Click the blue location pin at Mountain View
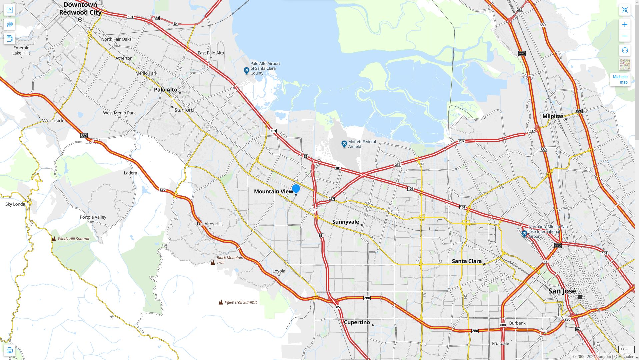click(x=296, y=189)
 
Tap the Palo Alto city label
click(x=166, y=90)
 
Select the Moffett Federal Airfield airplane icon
click(x=344, y=144)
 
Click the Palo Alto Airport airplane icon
click(x=246, y=70)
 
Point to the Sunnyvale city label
click(x=346, y=222)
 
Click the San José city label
click(x=562, y=291)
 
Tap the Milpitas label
click(x=553, y=116)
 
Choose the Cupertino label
click(x=357, y=322)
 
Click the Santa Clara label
click(x=467, y=261)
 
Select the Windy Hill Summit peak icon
click(x=54, y=239)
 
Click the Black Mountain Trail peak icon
click(x=213, y=262)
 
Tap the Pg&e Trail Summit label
click(x=241, y=302)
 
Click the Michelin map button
click(x=620, y=80)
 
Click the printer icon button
click(x=9, y=350)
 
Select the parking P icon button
click(x=9, y=10)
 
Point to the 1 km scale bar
click(x=624, y=350)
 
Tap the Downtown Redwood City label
click(x=80, y=9)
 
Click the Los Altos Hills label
click(x=210, y=224)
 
